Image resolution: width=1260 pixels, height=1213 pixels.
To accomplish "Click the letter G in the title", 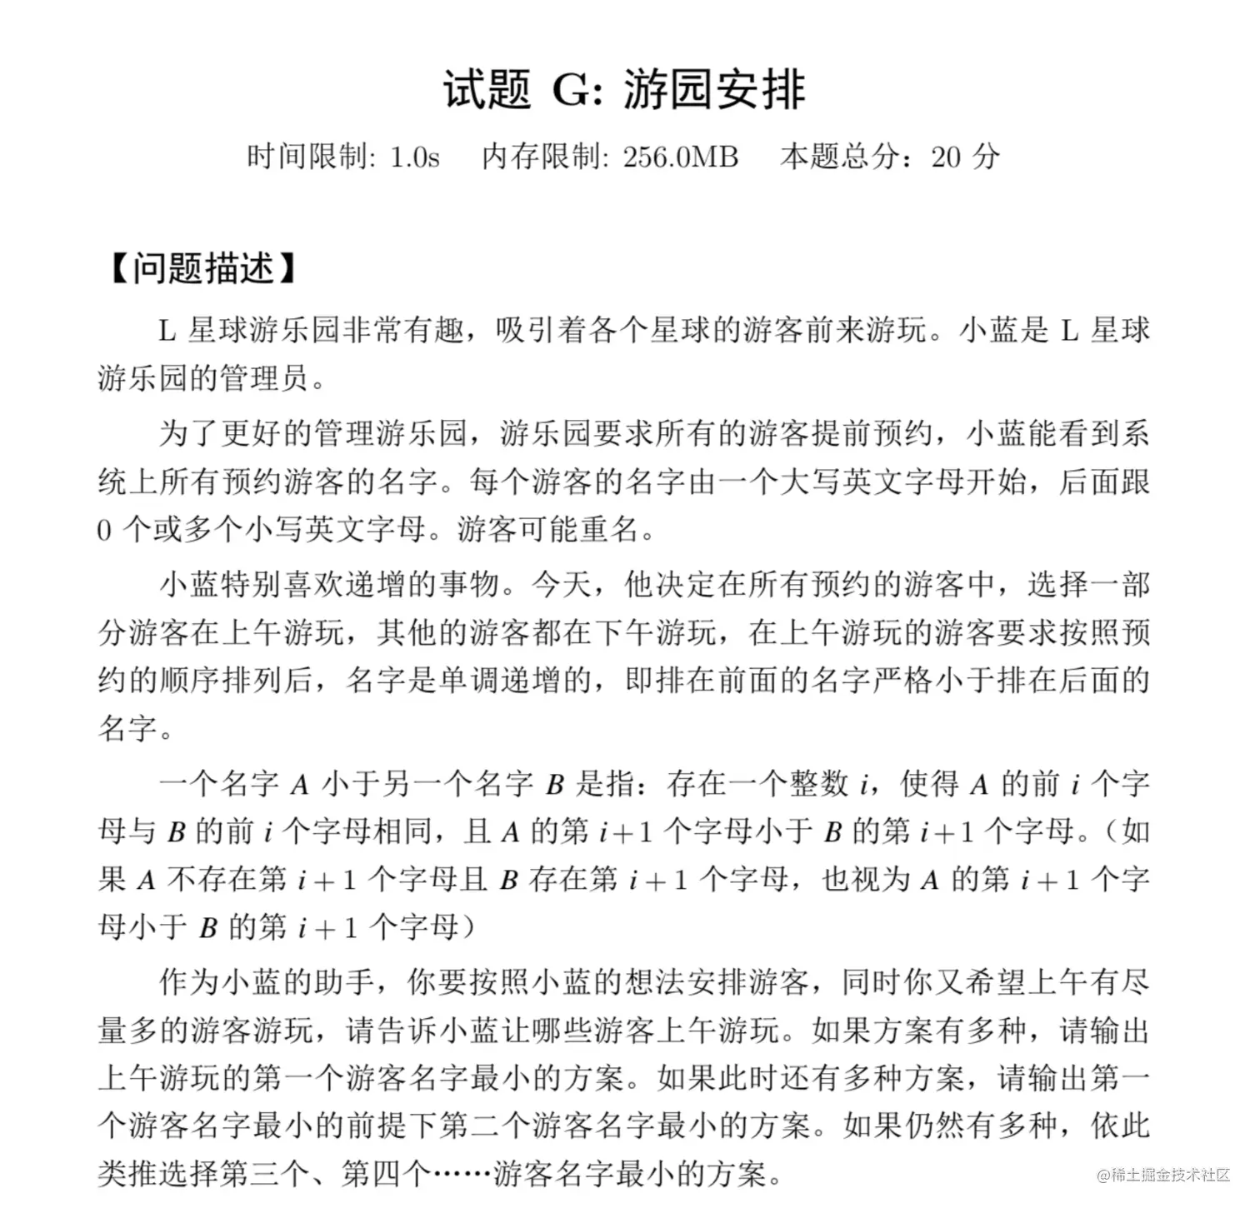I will [571, 90].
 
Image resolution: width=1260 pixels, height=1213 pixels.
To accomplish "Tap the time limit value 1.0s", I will [414, 157].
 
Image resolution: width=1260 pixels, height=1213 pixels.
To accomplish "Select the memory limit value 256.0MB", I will [680, 157].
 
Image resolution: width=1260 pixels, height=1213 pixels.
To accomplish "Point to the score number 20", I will [946, 157].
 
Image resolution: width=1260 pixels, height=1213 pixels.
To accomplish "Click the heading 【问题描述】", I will [202, 268].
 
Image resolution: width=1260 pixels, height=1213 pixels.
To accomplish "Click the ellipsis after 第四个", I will [462, 1175].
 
